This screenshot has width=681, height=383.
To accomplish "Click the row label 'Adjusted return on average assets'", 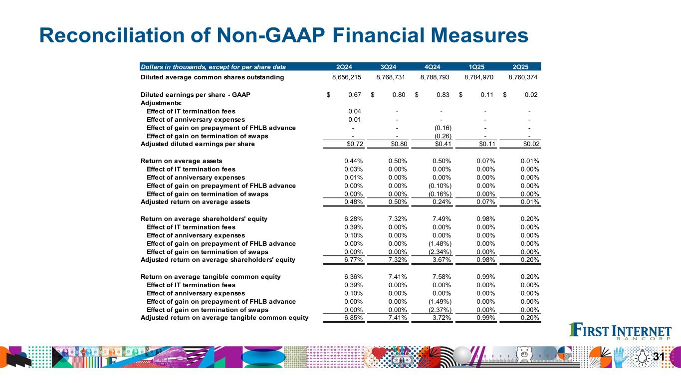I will (195, 202).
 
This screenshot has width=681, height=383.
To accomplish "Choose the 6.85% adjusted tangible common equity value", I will (353, 318).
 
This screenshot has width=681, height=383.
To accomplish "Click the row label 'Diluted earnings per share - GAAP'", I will (195, 95).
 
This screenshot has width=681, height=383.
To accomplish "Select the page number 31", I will (659, 357).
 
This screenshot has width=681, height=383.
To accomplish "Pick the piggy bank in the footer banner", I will (523, 354).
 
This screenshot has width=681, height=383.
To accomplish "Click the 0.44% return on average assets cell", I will (353, 161).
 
